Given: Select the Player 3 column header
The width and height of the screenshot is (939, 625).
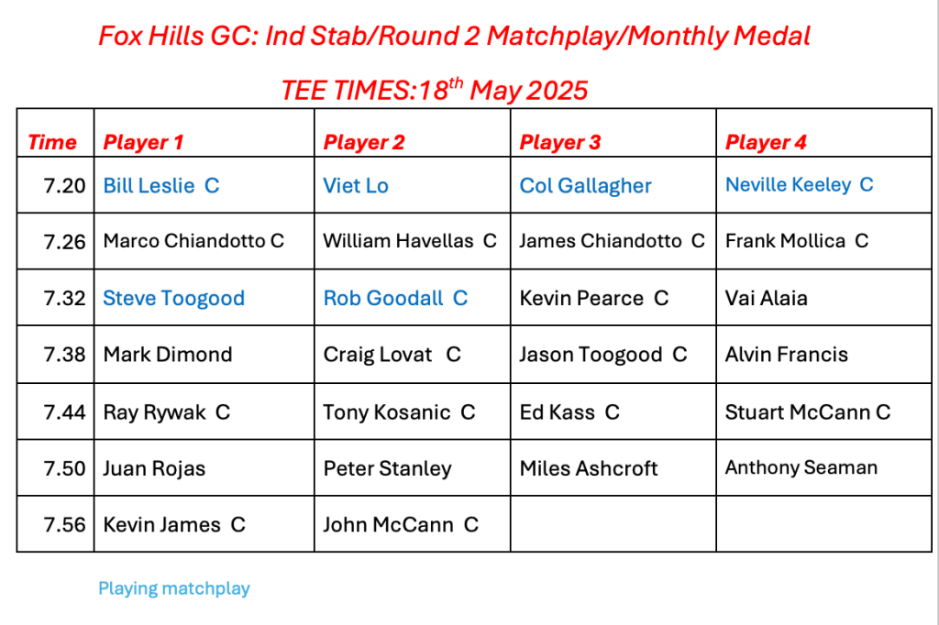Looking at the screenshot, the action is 560,142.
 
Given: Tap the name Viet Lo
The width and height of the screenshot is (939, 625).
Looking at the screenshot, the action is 356,186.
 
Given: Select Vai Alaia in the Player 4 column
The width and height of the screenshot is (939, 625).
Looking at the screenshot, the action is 766,298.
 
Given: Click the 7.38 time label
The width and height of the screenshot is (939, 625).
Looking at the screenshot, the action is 65,355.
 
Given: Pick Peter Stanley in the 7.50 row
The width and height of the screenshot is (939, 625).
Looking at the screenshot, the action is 388,468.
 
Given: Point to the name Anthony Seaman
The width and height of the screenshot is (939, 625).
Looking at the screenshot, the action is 801,467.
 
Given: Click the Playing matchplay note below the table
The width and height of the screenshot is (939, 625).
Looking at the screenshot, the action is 173,588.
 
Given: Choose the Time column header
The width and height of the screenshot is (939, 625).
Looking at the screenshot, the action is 52,142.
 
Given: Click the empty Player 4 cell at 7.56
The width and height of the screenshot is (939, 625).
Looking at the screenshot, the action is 824,524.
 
